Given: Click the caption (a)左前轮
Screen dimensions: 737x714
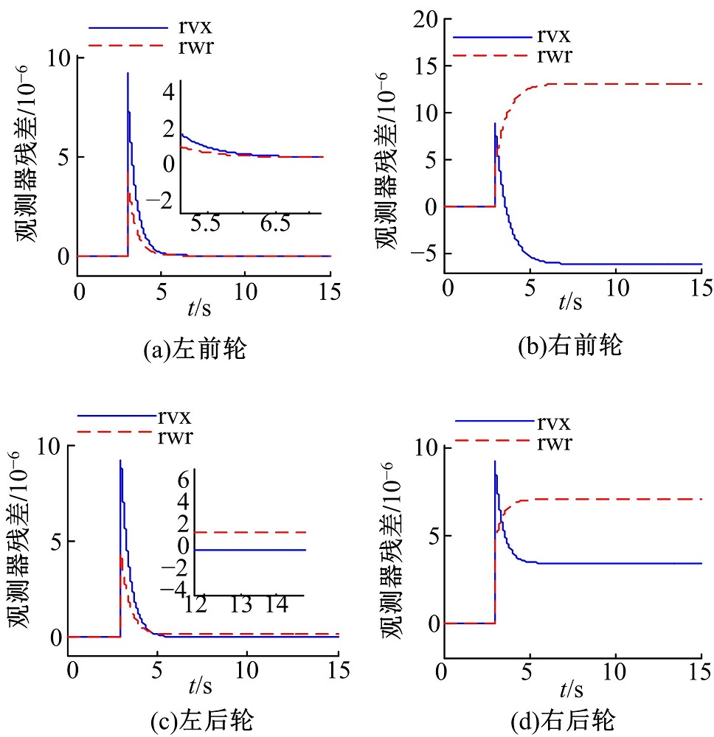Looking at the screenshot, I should [x=194, y=349].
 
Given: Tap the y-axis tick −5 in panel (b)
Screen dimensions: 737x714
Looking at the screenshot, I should [x=420, y=254].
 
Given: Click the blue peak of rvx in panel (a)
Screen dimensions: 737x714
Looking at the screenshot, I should [x=128, y=74].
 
